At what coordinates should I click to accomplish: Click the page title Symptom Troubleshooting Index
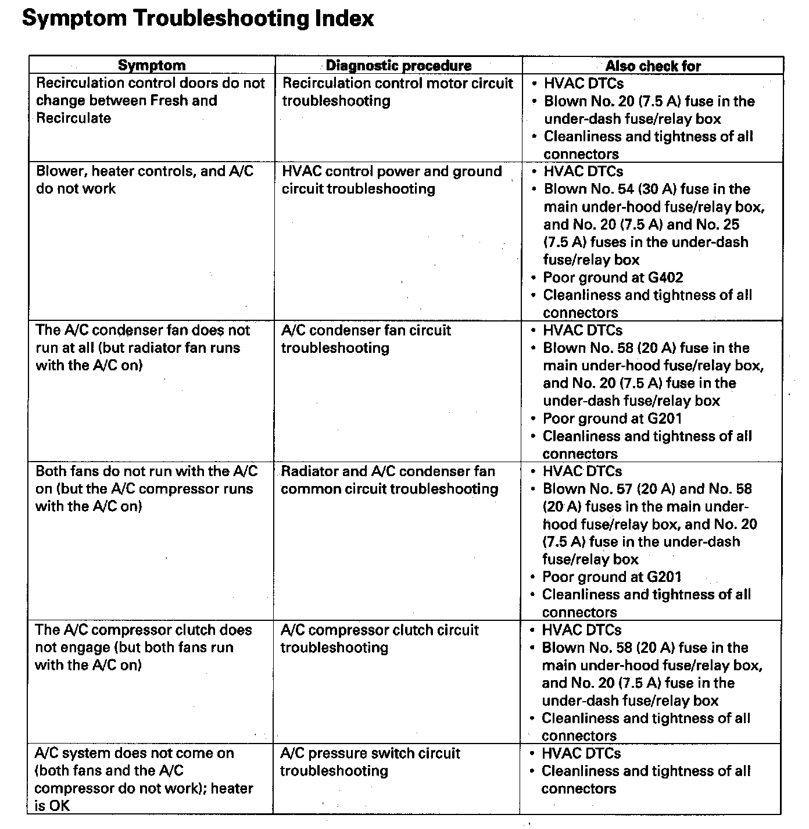198,19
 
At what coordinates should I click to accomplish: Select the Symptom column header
152,66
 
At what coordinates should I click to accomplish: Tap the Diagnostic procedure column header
398,66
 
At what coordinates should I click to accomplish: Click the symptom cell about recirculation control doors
150,101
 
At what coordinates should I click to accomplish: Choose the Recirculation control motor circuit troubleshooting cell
398,92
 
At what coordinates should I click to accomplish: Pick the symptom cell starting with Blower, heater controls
145,180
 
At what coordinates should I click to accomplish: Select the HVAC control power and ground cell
391,180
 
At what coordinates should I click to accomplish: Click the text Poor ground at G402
613,277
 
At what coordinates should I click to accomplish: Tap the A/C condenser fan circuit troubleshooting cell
366,339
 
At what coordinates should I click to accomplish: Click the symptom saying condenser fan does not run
142,348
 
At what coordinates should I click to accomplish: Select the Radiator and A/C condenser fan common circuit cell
389,480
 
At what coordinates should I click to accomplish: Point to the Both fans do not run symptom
146,488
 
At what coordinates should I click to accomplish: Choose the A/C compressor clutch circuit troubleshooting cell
379,639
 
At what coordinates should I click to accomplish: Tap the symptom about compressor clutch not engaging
143,647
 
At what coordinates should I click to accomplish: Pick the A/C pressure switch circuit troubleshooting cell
370,762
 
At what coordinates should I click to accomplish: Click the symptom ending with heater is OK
143,779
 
